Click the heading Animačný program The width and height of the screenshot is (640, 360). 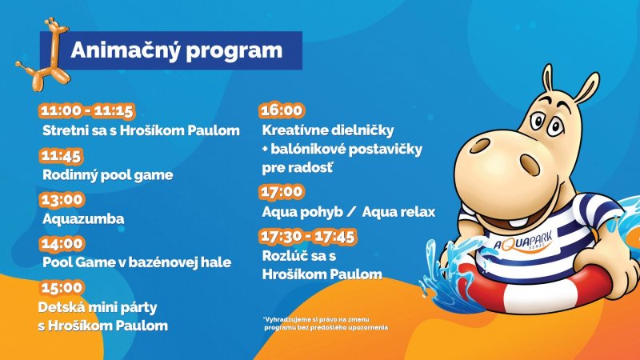pyautogui.click(x=176, y=50)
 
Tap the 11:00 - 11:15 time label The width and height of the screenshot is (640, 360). pyautogui.click(x=87, y=110)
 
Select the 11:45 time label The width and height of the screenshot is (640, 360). pyautogui.click(x=62, y=155)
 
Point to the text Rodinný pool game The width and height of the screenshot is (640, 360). pyautogui.click(x=108, y=175)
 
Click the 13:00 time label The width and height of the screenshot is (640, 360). pyautogui.click(x=62, y=199)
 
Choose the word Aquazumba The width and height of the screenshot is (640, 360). pyautogui.click(x=83, y=218)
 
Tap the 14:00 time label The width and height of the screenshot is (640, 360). pyautogui.click(x=62, y=244)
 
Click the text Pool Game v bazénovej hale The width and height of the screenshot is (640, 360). pyautogui.click(x=137, y=262)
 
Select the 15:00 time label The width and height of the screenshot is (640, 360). pyautogui.click(x=62, y=287)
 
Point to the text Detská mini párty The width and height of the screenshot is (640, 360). pyautogui.click(x=98, y=307)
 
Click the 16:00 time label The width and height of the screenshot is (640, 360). pyautogui.click(x=282, y=110)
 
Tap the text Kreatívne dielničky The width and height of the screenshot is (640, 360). pyautogui.click(x=328, y=130)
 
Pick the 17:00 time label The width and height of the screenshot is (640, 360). pyautogui.click(x=282, y=192)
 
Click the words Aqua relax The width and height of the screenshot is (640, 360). pyautogui.click(x=398, y=212)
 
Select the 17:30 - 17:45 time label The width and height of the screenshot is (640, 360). pyautogui.click(x=308, y=236)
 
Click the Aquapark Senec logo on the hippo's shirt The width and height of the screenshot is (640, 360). pyautogui.click(x=523, y=242)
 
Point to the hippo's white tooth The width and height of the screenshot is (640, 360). pyautogui.click(x=518, y=223)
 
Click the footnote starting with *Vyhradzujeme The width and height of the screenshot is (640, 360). pyautogui.click(x=326, y=323)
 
